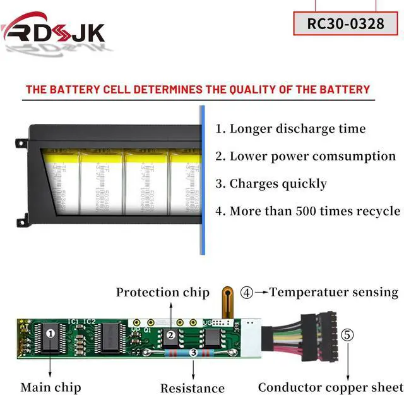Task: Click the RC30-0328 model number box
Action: pyautogui.click(x=346, y=23)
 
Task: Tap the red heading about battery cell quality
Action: pyautogui.click(x=198, y=89)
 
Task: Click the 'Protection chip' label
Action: pyautogui.click(x=162, y=292)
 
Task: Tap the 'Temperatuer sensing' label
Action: pyautogui.click(x=334, y=292)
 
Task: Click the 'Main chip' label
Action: pyautogui.click(x=50, y=387)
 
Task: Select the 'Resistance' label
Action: pyautogui.click(x=192, y=388)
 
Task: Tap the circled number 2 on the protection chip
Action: pyautogui.click(x=170, y=336)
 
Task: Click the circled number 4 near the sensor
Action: pyautogui.click(x=247, y=293)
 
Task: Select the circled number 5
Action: pyautogui.click(x=348, y=334)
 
